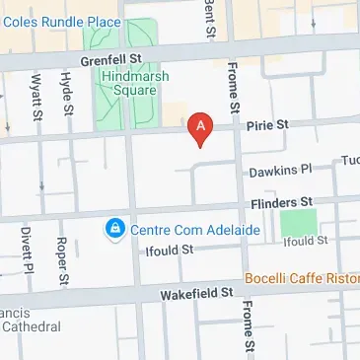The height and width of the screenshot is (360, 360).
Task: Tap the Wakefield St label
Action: (198, 293)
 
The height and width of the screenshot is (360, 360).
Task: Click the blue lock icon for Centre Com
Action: (115, 229)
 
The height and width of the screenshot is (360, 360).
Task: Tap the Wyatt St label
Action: (36, 96)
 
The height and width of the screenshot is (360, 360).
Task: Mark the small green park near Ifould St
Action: (299, 222)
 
